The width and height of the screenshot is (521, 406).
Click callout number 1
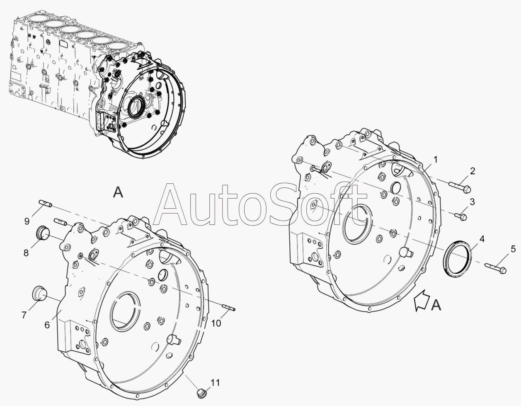(436, 160)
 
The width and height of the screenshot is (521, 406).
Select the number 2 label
(473, 171)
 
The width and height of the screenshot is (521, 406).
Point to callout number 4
(482, 239)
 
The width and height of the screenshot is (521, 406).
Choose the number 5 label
(513, 249)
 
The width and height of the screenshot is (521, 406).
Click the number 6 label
(47, 325)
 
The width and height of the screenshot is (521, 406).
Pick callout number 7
(24, 315)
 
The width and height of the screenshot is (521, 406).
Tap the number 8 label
(26, 253)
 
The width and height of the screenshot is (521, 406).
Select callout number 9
(27, 221)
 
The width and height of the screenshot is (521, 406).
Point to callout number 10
(216, 323)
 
